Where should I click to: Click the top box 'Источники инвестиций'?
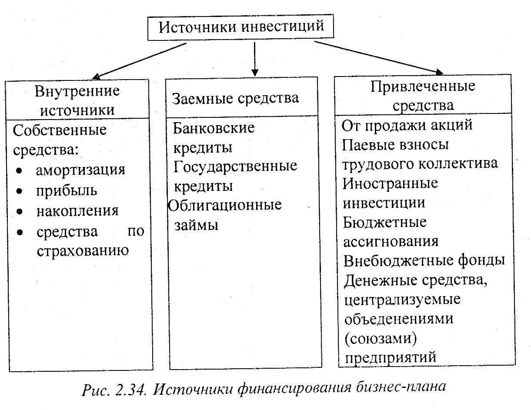coord(241,27)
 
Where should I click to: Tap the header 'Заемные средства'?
coord(236,98)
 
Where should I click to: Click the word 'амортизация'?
coord(80,170)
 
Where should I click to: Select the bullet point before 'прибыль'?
coord(20,191)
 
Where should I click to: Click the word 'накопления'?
coord(77,211)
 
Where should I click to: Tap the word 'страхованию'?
coord(83,250)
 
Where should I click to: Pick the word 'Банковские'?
coord(214,128)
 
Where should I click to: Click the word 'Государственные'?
coord(235,166)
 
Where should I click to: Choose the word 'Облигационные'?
coord(225,205)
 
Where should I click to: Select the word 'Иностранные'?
coord(390,183)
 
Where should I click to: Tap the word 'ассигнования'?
coord(391,241)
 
